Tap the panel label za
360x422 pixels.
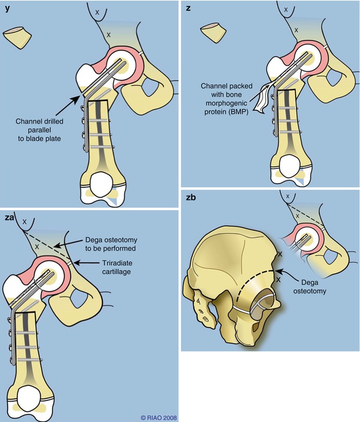[x=9, y=218]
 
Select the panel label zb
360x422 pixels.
[x=190, y=197]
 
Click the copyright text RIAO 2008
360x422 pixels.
[x=159, y=417]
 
